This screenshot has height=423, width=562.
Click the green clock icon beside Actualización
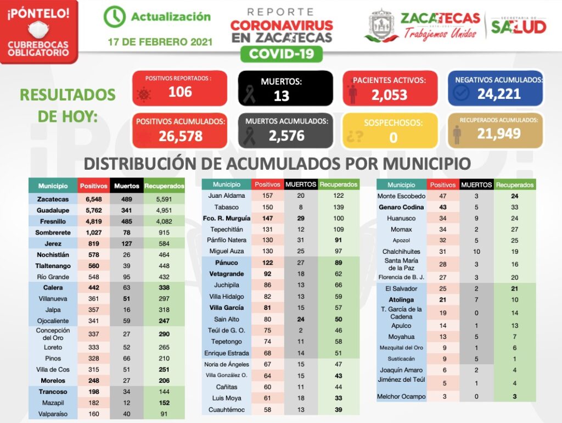click(114, 17)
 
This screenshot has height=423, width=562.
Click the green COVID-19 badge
click(281, 54)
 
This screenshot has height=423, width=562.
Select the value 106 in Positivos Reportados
click(180, 92)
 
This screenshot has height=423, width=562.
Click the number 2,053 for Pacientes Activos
click(389, 95)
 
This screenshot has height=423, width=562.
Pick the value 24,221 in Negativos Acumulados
click(498, 94)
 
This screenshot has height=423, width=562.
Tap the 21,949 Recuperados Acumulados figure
click(498, 133)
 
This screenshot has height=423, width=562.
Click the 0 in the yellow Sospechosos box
click(393, 137)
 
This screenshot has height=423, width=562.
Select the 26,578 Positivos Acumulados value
click(181, 136)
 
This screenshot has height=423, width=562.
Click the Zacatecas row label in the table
click(53, 199)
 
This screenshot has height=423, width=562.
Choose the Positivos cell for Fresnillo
click(94, 221)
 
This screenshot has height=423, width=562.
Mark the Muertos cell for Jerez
click(127, 243)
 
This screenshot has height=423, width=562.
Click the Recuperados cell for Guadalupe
click(164, 210)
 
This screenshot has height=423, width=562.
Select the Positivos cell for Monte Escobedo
click(442, 196)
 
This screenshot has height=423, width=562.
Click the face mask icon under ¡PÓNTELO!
click(38, 30)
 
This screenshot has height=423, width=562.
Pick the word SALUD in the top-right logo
click(518, 26)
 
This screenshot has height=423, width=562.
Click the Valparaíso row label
click(53, 414)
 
